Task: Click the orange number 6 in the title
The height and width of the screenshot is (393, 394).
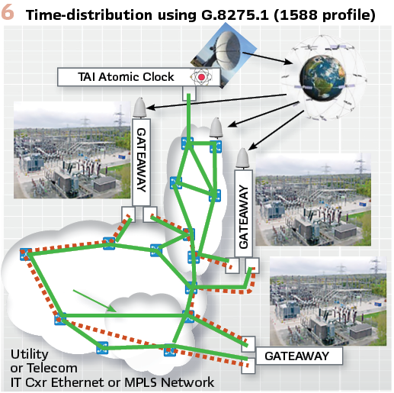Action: click(x=8, y=12)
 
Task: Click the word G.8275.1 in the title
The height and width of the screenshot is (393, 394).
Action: click(x=235, y=14)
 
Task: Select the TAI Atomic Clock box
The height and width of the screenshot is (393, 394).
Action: click(x=139, y=77)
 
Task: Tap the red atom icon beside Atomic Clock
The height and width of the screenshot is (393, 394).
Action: click(x=201, y=77)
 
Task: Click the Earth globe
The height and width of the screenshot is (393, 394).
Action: click(x=322, y=77)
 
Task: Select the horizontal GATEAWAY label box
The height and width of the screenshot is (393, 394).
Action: click(x=299, y=356)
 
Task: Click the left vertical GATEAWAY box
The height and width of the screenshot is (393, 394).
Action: click(x=141, y=162)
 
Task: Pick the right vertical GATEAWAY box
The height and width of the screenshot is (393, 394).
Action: click(x=243, y=213)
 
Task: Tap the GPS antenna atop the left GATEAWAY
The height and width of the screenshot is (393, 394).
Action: click(x=139, y=108)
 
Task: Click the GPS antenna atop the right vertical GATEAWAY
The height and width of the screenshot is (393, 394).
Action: click(x=242, y=158)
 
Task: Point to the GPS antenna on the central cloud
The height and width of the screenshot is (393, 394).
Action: click(x=216, y=127)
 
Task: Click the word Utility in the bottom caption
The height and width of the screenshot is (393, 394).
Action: click(x=30, y=354)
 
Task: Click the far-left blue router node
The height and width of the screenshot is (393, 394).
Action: click(x=26, y=254)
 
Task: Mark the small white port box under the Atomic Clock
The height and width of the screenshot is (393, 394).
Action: click(x=189, y=93)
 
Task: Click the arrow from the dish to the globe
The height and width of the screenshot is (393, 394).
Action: click(x=267, y=58)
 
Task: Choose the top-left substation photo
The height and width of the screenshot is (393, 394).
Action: click(x=72, y=150)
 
